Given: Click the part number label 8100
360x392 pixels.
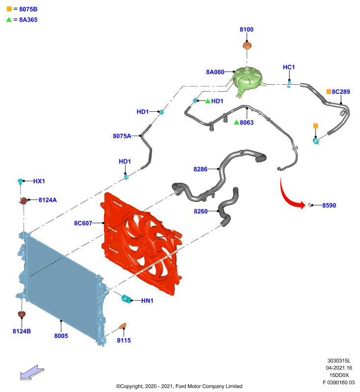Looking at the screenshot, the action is point(246,29).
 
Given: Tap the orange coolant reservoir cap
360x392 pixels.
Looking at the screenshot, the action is point(247,46).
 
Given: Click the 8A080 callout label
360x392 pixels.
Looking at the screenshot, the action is point(215,72).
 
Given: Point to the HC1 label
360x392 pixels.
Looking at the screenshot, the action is point(289,67).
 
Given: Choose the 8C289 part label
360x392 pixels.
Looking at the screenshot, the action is point(341,92).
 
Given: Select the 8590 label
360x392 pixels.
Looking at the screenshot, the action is point(329,205).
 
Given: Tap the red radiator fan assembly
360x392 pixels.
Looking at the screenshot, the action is point(141,244).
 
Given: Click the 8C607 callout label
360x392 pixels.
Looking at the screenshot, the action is point(83,223).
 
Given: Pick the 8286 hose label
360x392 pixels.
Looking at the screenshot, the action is point(201,169).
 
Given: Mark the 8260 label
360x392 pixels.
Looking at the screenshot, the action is point(201,212).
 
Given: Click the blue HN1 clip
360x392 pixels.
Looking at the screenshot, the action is point(126,298).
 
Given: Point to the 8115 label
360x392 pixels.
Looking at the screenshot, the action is point(124,341).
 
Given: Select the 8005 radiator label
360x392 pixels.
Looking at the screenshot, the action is point(61,336).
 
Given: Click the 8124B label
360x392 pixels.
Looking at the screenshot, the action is point(22,331).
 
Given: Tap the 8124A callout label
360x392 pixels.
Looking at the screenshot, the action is point(48,200).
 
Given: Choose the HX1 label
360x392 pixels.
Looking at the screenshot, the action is point(39,181).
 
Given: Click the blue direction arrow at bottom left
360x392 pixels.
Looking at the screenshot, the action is point(32,373).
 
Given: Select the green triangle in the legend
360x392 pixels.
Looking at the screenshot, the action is point(9,20).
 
